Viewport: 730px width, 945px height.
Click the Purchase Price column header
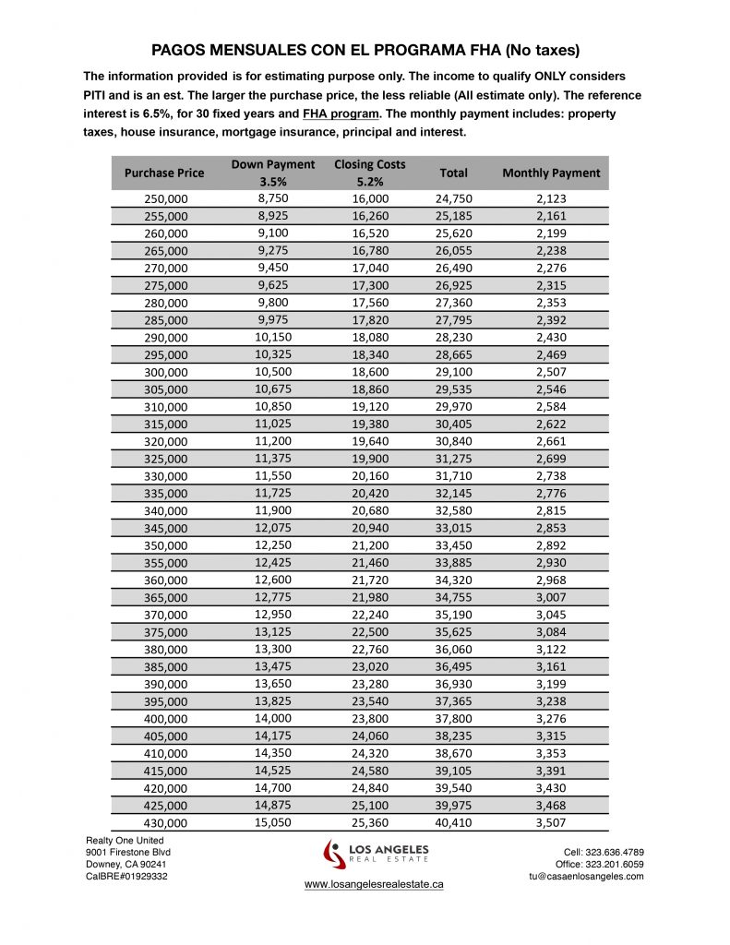(164, 173)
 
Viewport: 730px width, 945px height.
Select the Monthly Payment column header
(551, 173)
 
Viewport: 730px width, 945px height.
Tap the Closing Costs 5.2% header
(370, 173)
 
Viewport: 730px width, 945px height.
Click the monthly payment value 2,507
(552, 372)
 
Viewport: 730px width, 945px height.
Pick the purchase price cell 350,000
(166, 545)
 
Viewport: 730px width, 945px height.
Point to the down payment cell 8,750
(273, 198)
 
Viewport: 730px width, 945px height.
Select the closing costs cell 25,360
(371, 822)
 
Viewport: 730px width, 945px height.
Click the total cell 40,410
(454, 822)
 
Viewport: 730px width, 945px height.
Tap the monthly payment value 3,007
(552, 597)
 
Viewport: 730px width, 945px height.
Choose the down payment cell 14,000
(273, 718)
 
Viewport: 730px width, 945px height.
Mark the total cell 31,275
(454, 459)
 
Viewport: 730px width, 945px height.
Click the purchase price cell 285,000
(166, 320)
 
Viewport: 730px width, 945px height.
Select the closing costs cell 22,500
(371, 632)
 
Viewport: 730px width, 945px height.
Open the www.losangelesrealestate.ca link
(374, 884)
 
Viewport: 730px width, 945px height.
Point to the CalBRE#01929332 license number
(126, 877)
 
